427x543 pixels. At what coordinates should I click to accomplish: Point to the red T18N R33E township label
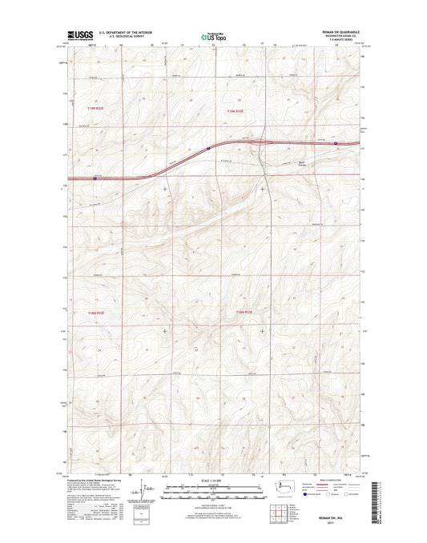click(244, 311)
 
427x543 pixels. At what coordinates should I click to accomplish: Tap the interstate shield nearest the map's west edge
click(95, 178)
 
